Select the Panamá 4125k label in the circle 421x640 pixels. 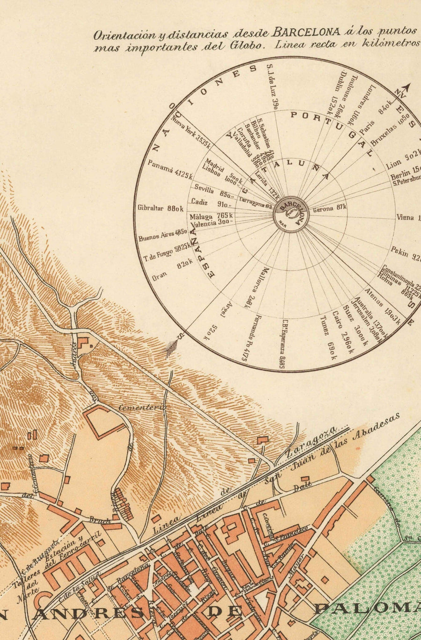(x=170, y=169)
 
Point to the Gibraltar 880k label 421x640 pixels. (x=160, y=209)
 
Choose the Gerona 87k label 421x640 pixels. (x=329, y=209)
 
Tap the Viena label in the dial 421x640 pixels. (x=405, y=217)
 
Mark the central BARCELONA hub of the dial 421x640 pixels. (x=291, y=214)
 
